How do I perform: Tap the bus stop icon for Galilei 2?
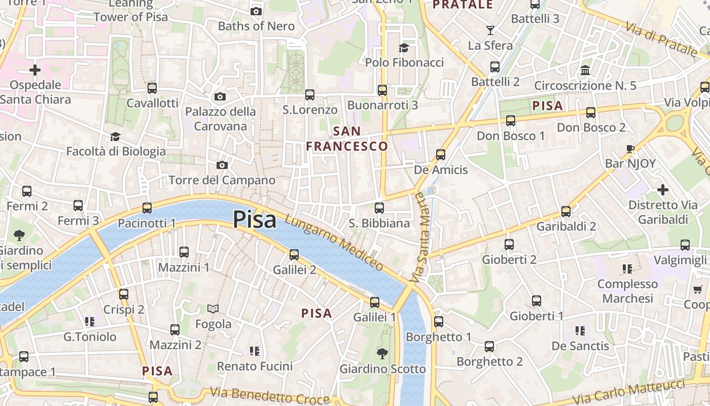294,254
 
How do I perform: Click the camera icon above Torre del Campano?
222,165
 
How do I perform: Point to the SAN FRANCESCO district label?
347,139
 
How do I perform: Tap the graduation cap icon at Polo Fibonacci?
404,48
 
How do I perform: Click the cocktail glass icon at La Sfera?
490,30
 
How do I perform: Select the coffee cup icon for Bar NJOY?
630,149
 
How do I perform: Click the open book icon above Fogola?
213,309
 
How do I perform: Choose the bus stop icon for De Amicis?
441,154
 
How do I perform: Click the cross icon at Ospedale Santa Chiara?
35,70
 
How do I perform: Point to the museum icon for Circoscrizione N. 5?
585,70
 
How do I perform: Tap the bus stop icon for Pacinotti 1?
147,208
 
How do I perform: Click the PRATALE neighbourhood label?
463,5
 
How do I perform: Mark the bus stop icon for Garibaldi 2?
566,211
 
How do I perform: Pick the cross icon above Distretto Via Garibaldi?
662,190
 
